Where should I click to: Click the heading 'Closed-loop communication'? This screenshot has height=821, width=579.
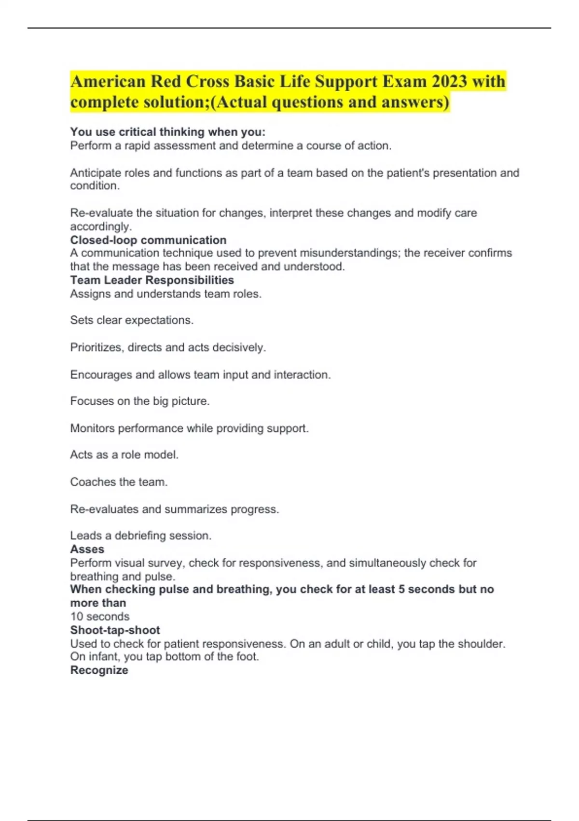tap(148, 240)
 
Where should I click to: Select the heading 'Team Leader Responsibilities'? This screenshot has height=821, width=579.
tap(152, 280)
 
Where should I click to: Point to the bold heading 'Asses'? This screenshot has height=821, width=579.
tap(87, 549)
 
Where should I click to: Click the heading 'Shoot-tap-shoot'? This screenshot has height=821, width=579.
tap(115, 630)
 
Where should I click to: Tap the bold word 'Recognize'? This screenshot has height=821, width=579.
tap(99, 670)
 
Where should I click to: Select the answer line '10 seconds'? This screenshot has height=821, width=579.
tap(100, 617)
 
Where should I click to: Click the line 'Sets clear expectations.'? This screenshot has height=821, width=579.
tap(132, 320)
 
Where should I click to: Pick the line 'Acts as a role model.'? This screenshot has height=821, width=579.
tap(124, 455)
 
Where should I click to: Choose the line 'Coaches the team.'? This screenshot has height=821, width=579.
tap(119, 482)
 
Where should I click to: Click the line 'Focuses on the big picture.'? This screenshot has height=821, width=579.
tap(140, 401)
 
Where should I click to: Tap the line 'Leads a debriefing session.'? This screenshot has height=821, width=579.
tap(141, 536)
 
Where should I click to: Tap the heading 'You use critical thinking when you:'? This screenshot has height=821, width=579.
tap(167, 132)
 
